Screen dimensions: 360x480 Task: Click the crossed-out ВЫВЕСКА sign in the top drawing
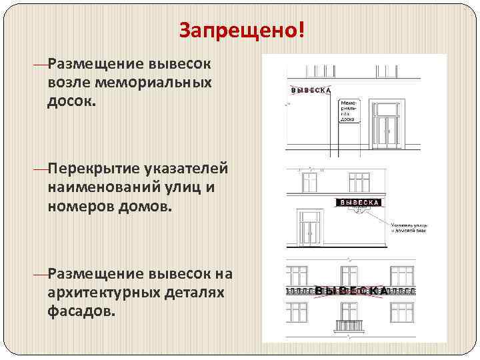coord(312,90)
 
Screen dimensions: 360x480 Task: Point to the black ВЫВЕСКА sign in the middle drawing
coord(361,201)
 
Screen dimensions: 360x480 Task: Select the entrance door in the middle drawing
coord(309,230)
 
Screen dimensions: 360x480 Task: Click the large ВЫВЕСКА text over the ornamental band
coord(351,291)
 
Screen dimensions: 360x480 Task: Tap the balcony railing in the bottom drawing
coord(351,326)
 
